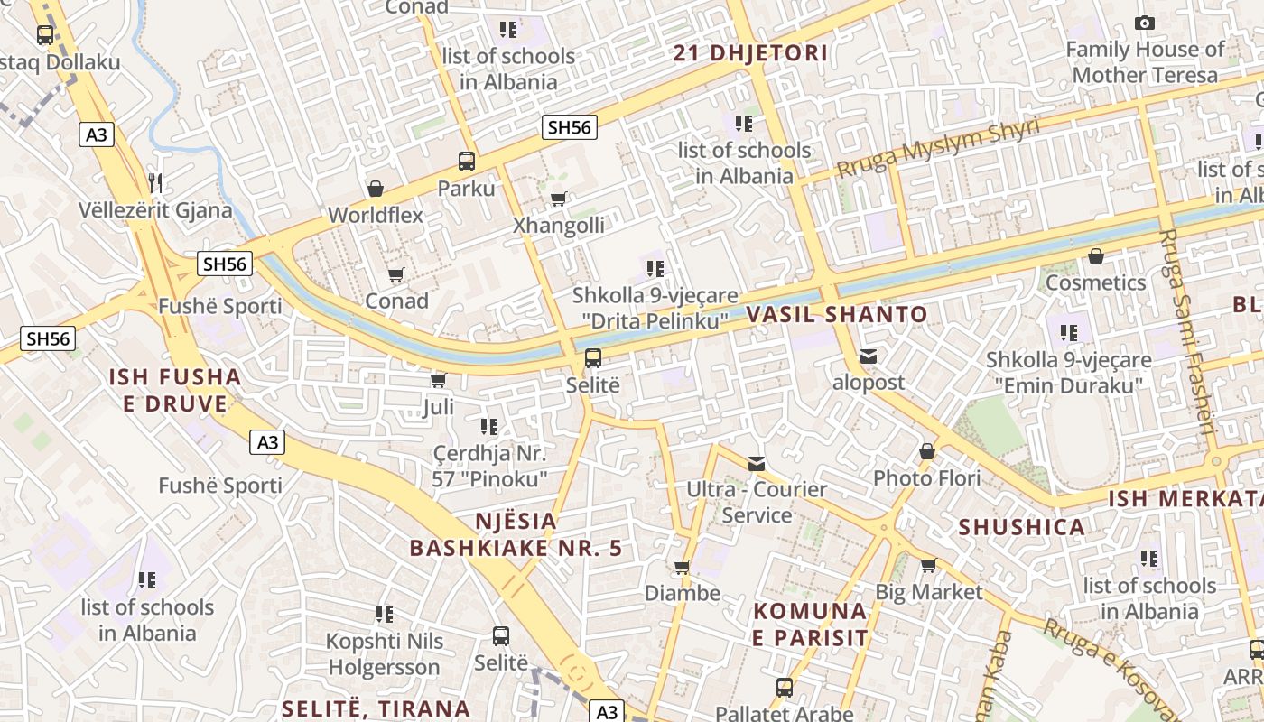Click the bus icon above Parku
(467, 162)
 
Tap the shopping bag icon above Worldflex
(376, 189)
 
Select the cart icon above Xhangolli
(558, 199)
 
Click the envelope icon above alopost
(869, 356)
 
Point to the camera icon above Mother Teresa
(1145, 23)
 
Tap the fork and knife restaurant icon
(155, 183)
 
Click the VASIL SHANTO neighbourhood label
(837, 314)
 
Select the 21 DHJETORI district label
(750, 52)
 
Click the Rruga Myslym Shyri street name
(938, 147)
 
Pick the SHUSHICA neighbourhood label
(1021, 527)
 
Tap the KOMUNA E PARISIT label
(811, 625)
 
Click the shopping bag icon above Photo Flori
(927, 451)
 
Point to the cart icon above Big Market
(928, 566)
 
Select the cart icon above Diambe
(683, 567)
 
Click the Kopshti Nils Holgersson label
(384, 654)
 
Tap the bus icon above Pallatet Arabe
(785, 688)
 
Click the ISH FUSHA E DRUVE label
(175, 390)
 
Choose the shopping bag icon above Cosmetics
(1096, 257)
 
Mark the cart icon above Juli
(439, 381)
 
